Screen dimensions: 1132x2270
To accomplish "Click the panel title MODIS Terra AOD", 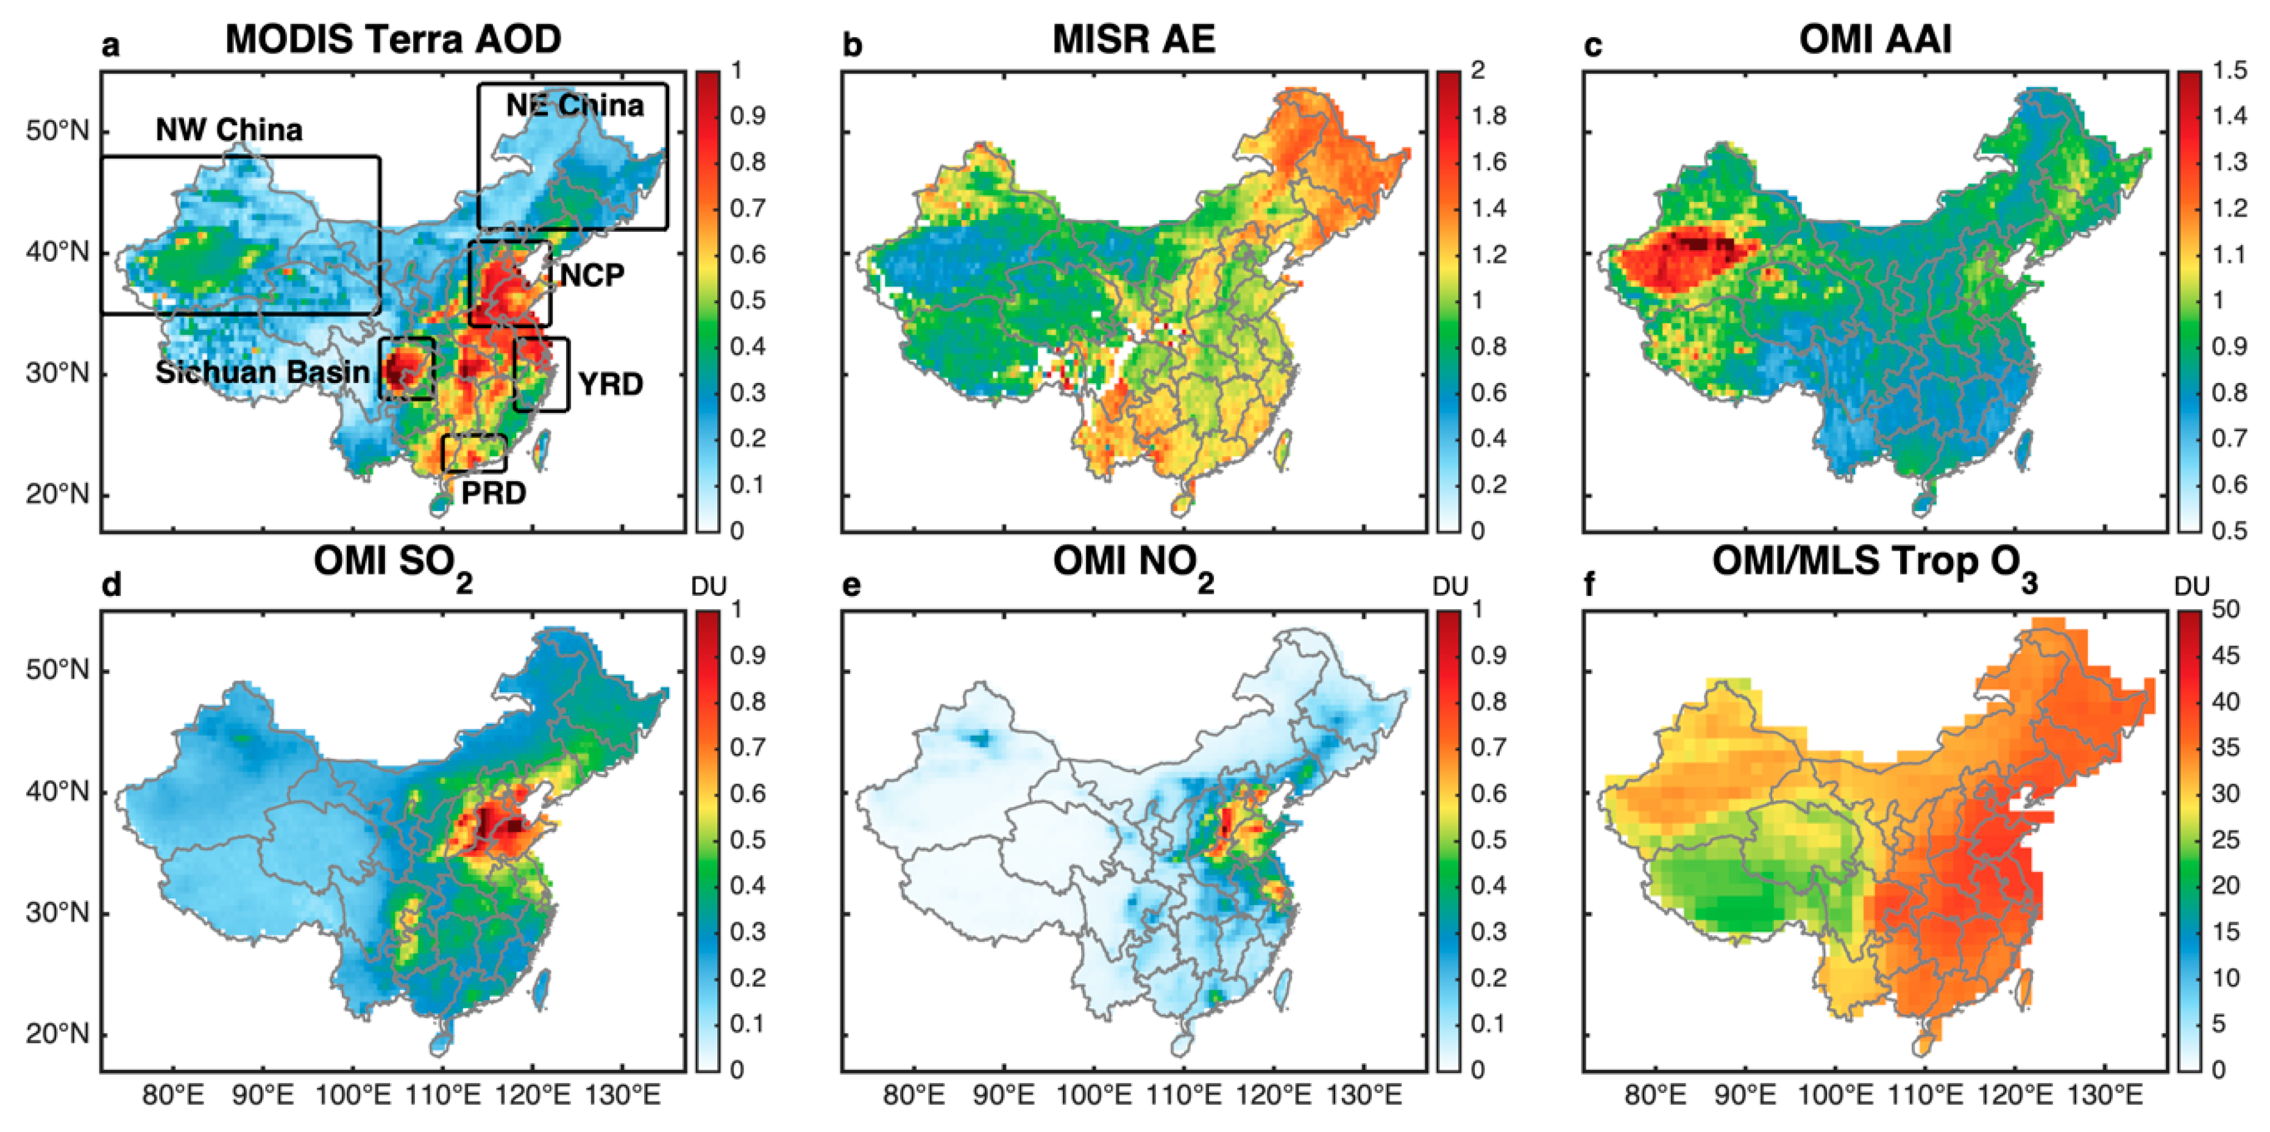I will tap(393, 39).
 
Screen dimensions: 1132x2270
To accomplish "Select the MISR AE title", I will tap(1133, 39).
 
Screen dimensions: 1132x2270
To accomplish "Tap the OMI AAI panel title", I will tap(1875, 39).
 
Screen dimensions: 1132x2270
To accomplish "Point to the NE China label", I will tap(575, 105).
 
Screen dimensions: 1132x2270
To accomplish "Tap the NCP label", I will tap(592, 275).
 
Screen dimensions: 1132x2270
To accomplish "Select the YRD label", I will tap(611, 384).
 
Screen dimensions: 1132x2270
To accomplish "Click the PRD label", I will tap(494, 493).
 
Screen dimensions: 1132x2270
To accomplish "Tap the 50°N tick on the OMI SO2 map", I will tap(57, 670).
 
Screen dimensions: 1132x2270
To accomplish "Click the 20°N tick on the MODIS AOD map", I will tap(57, 493).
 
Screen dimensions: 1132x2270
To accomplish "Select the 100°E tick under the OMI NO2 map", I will tap(1094, 1095).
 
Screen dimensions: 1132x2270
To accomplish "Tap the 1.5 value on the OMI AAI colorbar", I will tap(2229, 70).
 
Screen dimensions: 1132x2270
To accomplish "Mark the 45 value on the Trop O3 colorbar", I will tap(2226, 655).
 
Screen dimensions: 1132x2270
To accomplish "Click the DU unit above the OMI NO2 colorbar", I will tap(1450, 586).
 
